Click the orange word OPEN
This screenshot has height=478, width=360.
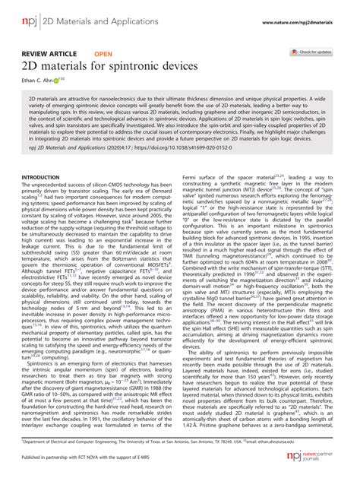(x=103, y=54)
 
